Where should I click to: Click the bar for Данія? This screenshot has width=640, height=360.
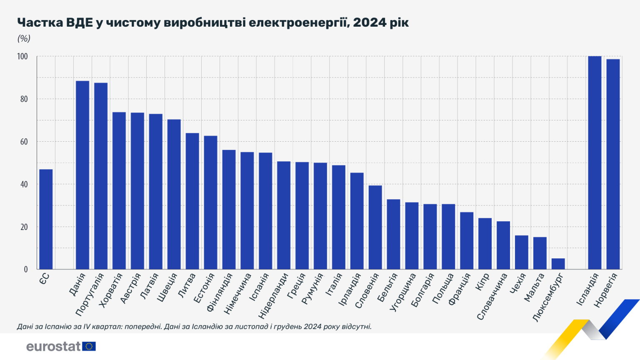point(82,175)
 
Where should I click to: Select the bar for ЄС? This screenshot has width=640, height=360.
point(46,219)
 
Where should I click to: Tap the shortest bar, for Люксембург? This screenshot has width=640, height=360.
point(558,264)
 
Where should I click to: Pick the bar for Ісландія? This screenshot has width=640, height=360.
point(595,162)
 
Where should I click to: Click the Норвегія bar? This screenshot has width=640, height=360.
point(613,164)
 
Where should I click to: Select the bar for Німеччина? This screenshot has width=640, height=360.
point(247,210)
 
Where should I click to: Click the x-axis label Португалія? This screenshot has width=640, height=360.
point(90,294)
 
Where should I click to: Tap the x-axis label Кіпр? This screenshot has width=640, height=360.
point(482,282)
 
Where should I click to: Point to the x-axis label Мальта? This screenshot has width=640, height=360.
point(534,287)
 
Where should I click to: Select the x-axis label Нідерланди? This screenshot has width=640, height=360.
point(273,295)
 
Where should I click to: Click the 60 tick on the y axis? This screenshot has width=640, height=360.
point(24,142)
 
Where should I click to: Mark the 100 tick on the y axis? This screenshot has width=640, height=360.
point(22,56)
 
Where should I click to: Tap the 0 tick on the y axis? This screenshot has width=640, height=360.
point(26,269)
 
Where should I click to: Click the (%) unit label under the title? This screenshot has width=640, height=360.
point(24,38)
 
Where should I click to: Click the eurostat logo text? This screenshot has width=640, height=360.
point(53,346)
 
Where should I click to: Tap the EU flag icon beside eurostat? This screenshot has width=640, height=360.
point(89,346)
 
